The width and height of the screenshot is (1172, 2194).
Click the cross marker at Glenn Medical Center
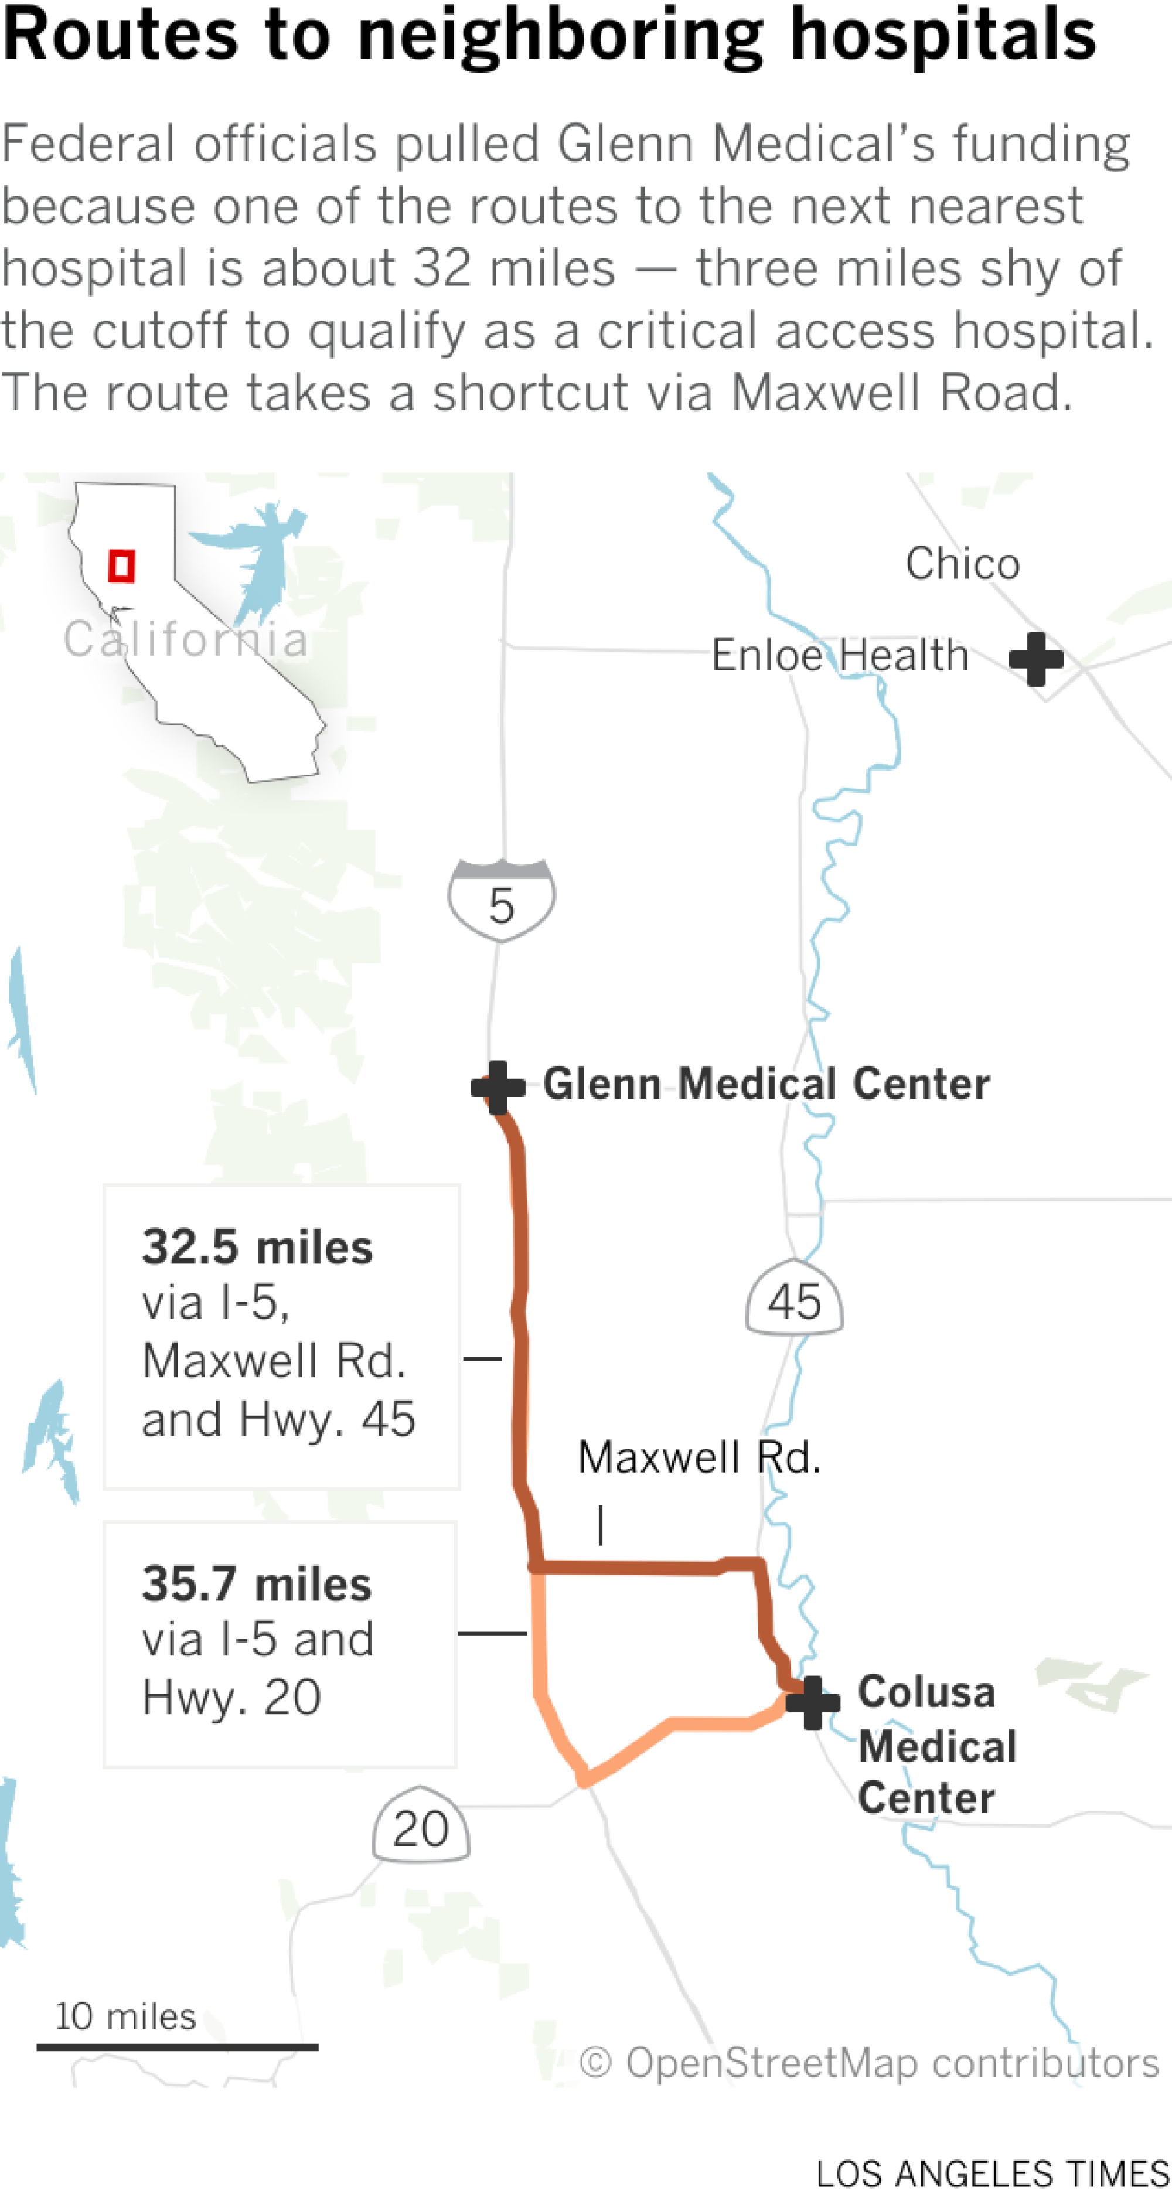[x=498, y=1087]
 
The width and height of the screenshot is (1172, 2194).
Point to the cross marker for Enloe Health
[x=1035, y=658]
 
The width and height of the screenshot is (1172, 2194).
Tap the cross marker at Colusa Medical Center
[x=813, y=1702]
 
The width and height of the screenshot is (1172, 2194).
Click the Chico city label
[x=962, y=563]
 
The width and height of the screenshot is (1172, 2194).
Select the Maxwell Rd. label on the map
[x=699, y=1457]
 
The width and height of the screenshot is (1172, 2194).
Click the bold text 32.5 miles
[x=257, y=1247]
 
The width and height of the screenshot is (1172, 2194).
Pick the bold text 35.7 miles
[x=257, y=1584]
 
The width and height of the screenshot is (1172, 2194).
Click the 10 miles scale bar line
[x=177, y=2047]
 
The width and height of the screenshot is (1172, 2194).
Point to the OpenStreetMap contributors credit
[x=869, y=2063]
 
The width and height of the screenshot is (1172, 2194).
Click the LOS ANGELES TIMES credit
[x=992, y=2173]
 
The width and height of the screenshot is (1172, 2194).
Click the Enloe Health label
[x=840, y=656]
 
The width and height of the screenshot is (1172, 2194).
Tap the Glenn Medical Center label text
[x=766, y=1084]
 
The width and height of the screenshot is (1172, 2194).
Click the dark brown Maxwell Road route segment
[x=631, y=1566]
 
